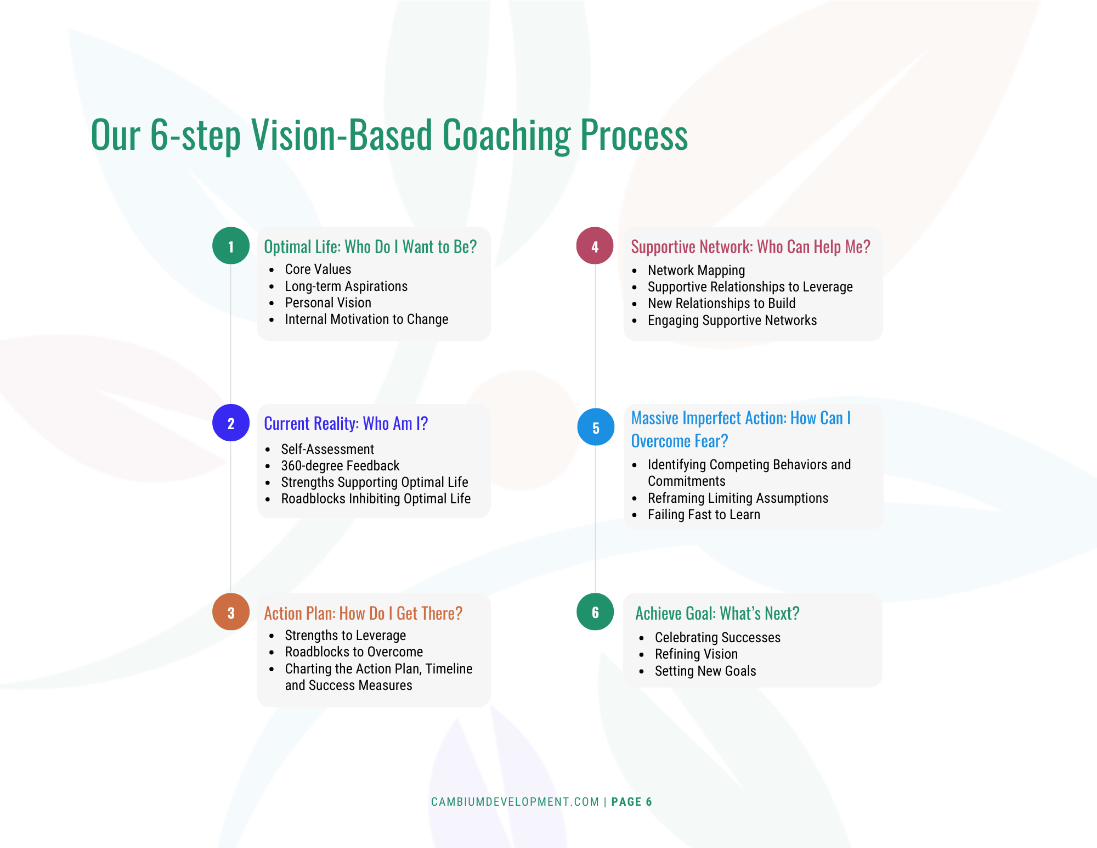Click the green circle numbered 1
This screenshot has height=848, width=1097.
click(x=231, y=246)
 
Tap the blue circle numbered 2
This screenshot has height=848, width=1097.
click(x=231, y=423)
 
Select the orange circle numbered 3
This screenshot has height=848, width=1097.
click(x=231, y=612)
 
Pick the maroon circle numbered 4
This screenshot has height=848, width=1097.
click(x=595, y=246)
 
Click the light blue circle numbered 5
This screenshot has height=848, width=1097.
click(x=596, y=427)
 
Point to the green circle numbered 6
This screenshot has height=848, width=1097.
click(x=595, y=612)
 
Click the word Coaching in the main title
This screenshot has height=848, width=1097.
click(x=506, y=135)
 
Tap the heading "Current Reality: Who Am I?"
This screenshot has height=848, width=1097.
click(x=346, y=423)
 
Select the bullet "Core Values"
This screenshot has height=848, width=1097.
click(x=318, y=269)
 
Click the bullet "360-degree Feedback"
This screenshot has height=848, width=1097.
click(x=340, y=466)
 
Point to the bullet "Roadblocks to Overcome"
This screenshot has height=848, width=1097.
click(x=354, y=652)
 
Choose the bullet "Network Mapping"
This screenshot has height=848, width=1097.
click(x=696, y=271)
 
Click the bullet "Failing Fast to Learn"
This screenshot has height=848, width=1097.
click(x=704, y=515)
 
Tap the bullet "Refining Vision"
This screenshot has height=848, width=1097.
click(x=696, y=654)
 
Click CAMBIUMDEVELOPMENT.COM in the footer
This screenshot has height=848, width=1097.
click(x=515, y=802)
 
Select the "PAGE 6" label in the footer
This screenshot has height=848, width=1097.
click(x=631, y=802)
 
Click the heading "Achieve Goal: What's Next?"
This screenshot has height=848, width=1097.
click(x=717, y=613)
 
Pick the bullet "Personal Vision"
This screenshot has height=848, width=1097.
click(x=328, y=303)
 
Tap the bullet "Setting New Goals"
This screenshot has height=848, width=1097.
click(x=705, y=671)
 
